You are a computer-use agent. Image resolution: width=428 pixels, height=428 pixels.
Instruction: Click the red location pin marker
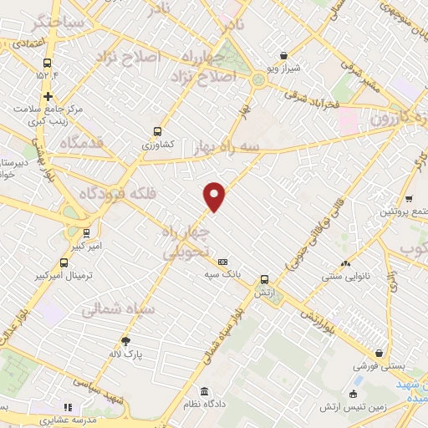[215, 197]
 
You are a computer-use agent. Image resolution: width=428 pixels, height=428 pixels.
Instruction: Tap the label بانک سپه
[222, 273]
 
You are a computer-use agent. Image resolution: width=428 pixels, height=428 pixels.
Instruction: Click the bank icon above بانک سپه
[222, 262]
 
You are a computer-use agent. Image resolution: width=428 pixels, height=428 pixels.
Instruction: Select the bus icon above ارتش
[264, 280]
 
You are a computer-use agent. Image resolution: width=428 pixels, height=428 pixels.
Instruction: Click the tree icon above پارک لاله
[125, 340]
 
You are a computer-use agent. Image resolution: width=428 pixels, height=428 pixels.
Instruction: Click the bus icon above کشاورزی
[158, 131]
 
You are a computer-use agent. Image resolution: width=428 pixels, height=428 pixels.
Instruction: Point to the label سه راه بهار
[222, 146]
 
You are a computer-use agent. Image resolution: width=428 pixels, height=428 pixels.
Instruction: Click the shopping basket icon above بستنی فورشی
[380, 354]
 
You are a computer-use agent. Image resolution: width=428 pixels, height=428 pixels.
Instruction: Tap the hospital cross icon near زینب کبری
[48, 96]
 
